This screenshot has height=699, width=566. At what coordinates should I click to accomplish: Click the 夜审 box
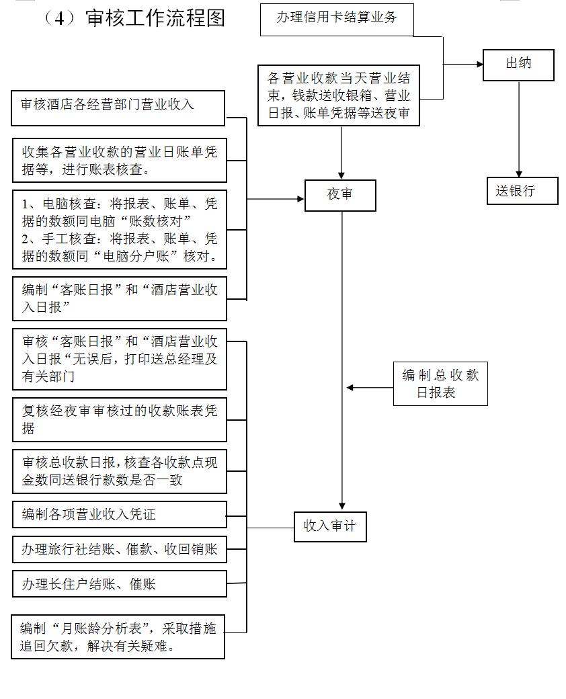coord(340,195)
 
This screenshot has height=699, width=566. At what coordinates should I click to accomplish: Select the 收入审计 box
coord(329,526)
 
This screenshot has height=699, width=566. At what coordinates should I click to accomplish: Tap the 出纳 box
coord(518,65)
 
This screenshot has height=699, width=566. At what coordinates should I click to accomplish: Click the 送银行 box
coord(522,191)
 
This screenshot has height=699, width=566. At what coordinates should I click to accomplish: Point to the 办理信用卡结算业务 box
coord(337,19)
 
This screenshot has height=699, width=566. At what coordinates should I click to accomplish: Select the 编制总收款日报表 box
coord(440,384)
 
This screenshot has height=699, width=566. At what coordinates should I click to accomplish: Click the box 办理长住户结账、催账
coord(119,583)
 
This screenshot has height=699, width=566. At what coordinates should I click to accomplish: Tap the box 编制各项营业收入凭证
coord(119,515)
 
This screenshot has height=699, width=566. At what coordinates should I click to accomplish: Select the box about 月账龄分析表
coord(118,636)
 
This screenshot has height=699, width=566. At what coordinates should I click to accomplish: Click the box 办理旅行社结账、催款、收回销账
coord(119,549)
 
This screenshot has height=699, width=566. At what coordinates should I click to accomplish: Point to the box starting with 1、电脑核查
coord(119,229)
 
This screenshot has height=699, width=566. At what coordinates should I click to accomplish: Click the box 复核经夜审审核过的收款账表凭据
coord(119,418)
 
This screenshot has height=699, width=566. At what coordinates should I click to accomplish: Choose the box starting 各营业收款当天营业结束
coord(339,94)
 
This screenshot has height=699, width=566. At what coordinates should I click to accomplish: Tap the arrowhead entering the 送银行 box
coord(519,173)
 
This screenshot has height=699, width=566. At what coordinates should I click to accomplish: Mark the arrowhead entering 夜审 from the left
coord(300,199)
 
